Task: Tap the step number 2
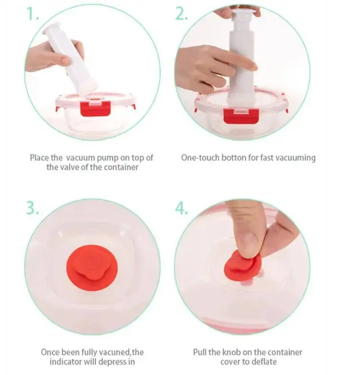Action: (x=182, y=14)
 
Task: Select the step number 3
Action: (x=33, y=208)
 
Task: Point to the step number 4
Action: (x=182, y=208)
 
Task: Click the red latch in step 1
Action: (x=95, y=109)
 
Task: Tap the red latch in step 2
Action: (x=241, y=116)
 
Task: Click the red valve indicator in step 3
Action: (x=92, y=268)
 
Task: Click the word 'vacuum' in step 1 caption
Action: (x=80, y=158)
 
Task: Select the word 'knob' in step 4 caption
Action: (x=231, y=352)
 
